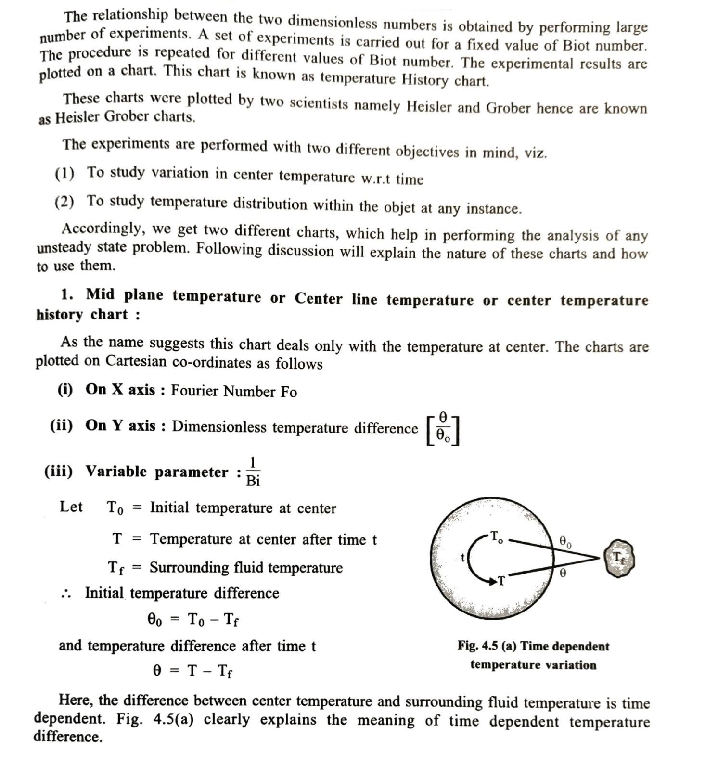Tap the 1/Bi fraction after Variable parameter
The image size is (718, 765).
[253, 472]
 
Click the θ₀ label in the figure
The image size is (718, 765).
[565, 542]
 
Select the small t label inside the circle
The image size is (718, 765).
[463, 557]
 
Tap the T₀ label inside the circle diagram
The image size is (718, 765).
[496, 536]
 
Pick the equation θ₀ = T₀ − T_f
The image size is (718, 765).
[193, 620]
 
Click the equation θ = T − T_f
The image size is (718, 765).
[192, 670]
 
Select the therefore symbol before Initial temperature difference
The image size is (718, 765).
[66, 594]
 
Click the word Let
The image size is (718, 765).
[71, 507]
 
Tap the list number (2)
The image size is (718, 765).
[64, 202]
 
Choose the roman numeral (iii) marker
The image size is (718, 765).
[59, 471]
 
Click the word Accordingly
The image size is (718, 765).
[103, 228]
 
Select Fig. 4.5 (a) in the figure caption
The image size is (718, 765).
[487, 646]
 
